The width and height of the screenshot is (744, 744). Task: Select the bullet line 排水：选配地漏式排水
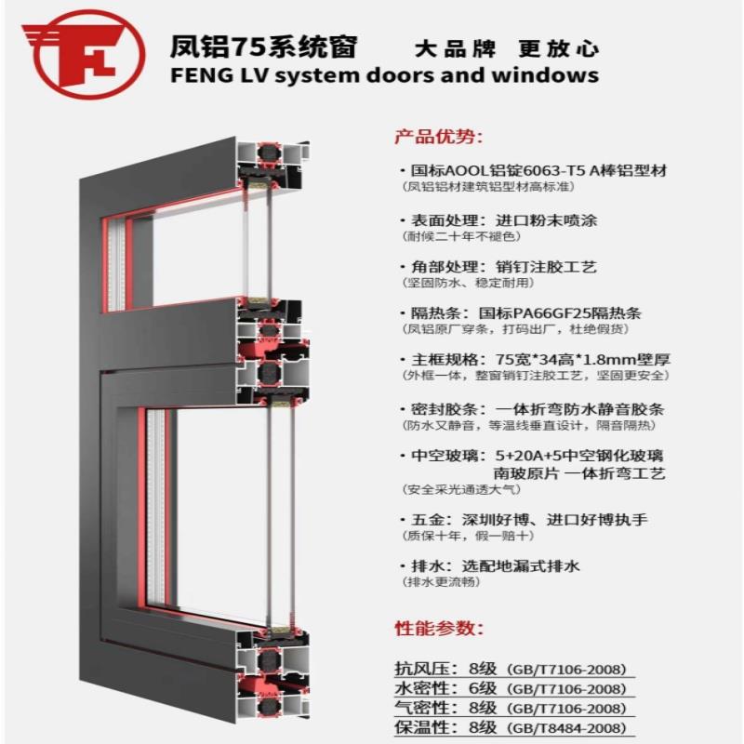click(502, 565)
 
